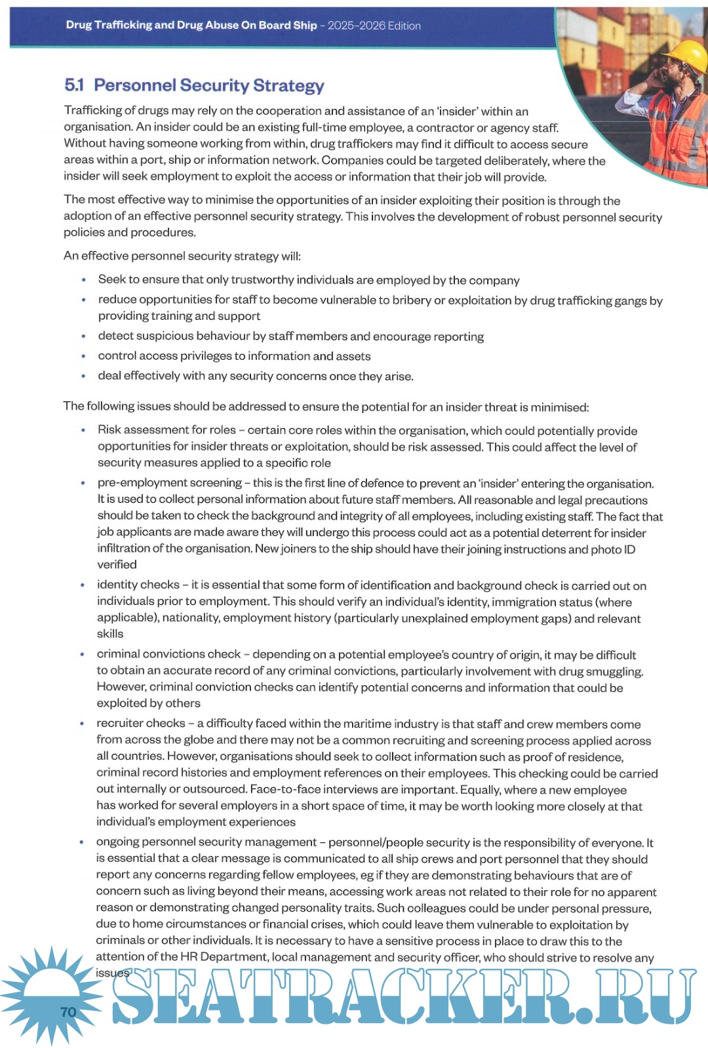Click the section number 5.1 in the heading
click(74, 85)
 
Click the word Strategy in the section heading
click(288, 86)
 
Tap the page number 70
click(68, 1013)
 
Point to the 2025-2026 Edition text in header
click(374, 26)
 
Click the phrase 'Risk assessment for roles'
click(167, 430)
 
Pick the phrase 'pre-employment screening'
click(169, 483)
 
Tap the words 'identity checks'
click(138, 585)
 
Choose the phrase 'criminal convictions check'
click(169, 654)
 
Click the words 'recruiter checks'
click(141, 724)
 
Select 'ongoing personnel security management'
click(206, 842)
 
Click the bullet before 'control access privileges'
click(83, 357)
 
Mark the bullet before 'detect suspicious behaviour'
click(83, 336)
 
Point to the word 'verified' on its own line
click(117, 565)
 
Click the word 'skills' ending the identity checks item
click(110, 634)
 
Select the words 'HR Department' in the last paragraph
click(227, 957)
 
